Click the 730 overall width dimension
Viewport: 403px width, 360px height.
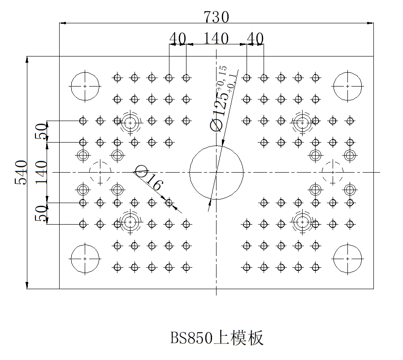click(x=216, y=17)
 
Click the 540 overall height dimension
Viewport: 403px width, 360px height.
click(x=21, y=173)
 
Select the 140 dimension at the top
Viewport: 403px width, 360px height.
click(x=216, y=39)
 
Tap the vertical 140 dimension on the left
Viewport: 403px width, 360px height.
click(x=41, y=173)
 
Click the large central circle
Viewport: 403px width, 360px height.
click(x=216, y=172)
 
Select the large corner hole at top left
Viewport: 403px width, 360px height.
click(x=85, y=86)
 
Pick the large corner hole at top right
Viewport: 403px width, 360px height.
click(x=347, y=86)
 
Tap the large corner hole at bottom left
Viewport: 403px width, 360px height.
click(x=85, y=259)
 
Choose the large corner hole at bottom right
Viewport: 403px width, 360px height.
click(x=347, y=259)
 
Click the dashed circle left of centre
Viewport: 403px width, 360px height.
click(x=100, y=173)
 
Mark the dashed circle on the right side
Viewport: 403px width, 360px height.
click(x=333, y=173)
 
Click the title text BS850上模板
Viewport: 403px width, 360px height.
click(x=217, y=338)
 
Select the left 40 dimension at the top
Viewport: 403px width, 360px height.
click(x=178, y=39)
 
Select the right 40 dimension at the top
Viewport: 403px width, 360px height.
click(x=255, y=39)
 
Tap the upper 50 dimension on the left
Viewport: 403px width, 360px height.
click(x=41, y=132)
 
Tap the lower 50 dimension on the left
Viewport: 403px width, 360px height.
click(x=41, y=213)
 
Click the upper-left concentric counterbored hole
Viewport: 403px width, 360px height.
click(x=130, y=122)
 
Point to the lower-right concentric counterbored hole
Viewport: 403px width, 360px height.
click(x=302, y=221)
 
